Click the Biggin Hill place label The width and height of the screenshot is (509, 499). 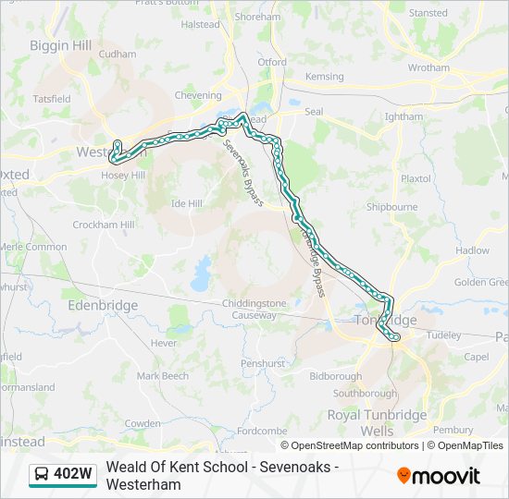pos(60,45)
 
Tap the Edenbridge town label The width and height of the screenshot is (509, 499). pos(104,304)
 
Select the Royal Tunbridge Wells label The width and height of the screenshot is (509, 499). pos(377,422)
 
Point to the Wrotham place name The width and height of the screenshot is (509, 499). pos(428,67)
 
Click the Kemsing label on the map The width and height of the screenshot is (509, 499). pos(324,77)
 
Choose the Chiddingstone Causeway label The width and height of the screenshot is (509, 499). pos(254,310)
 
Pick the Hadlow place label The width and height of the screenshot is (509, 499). pos(472,250)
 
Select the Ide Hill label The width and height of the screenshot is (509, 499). pos(187,203)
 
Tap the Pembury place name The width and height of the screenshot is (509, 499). pos(453,429)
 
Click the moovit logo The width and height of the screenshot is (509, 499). pos(439,476)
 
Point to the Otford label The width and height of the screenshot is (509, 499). pos(272,62)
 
